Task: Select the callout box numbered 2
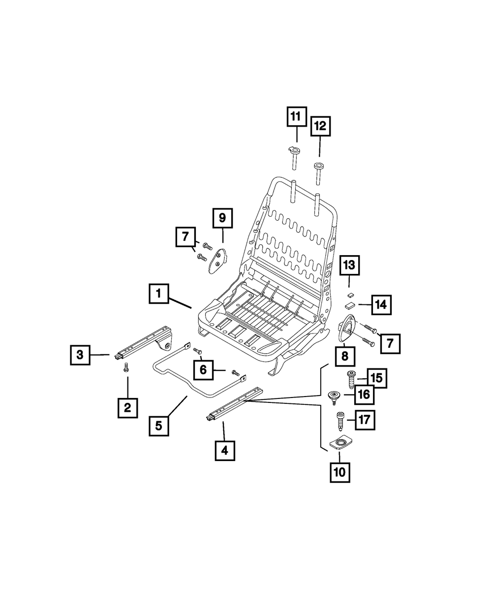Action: pyautogui.click(x=127, y=407)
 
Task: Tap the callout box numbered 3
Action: pyautogui.click(x=80, y=354)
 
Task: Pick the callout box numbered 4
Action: pyautogui.click(x=224, y=450)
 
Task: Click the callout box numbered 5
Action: pyautogui.click(x=158, y=425)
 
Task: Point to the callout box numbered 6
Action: pyautogui.click(x=203, y=369)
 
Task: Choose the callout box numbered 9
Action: pyautogui.click(x=222, y=217)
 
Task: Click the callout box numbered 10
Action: pyautogui.click(x=339, y=472)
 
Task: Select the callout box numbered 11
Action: pyautogui.click(x=296, y=117)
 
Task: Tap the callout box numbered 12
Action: pyautogui.click(x=320, y=127)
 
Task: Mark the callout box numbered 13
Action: pyautogui.click(x=349, y=266)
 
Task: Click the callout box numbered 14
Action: pyautogui.click(x=381, y=305)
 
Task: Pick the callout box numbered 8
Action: pyautogui.click(x=345, y=355)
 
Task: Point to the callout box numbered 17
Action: pyautogui.click(x=366, y=420)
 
